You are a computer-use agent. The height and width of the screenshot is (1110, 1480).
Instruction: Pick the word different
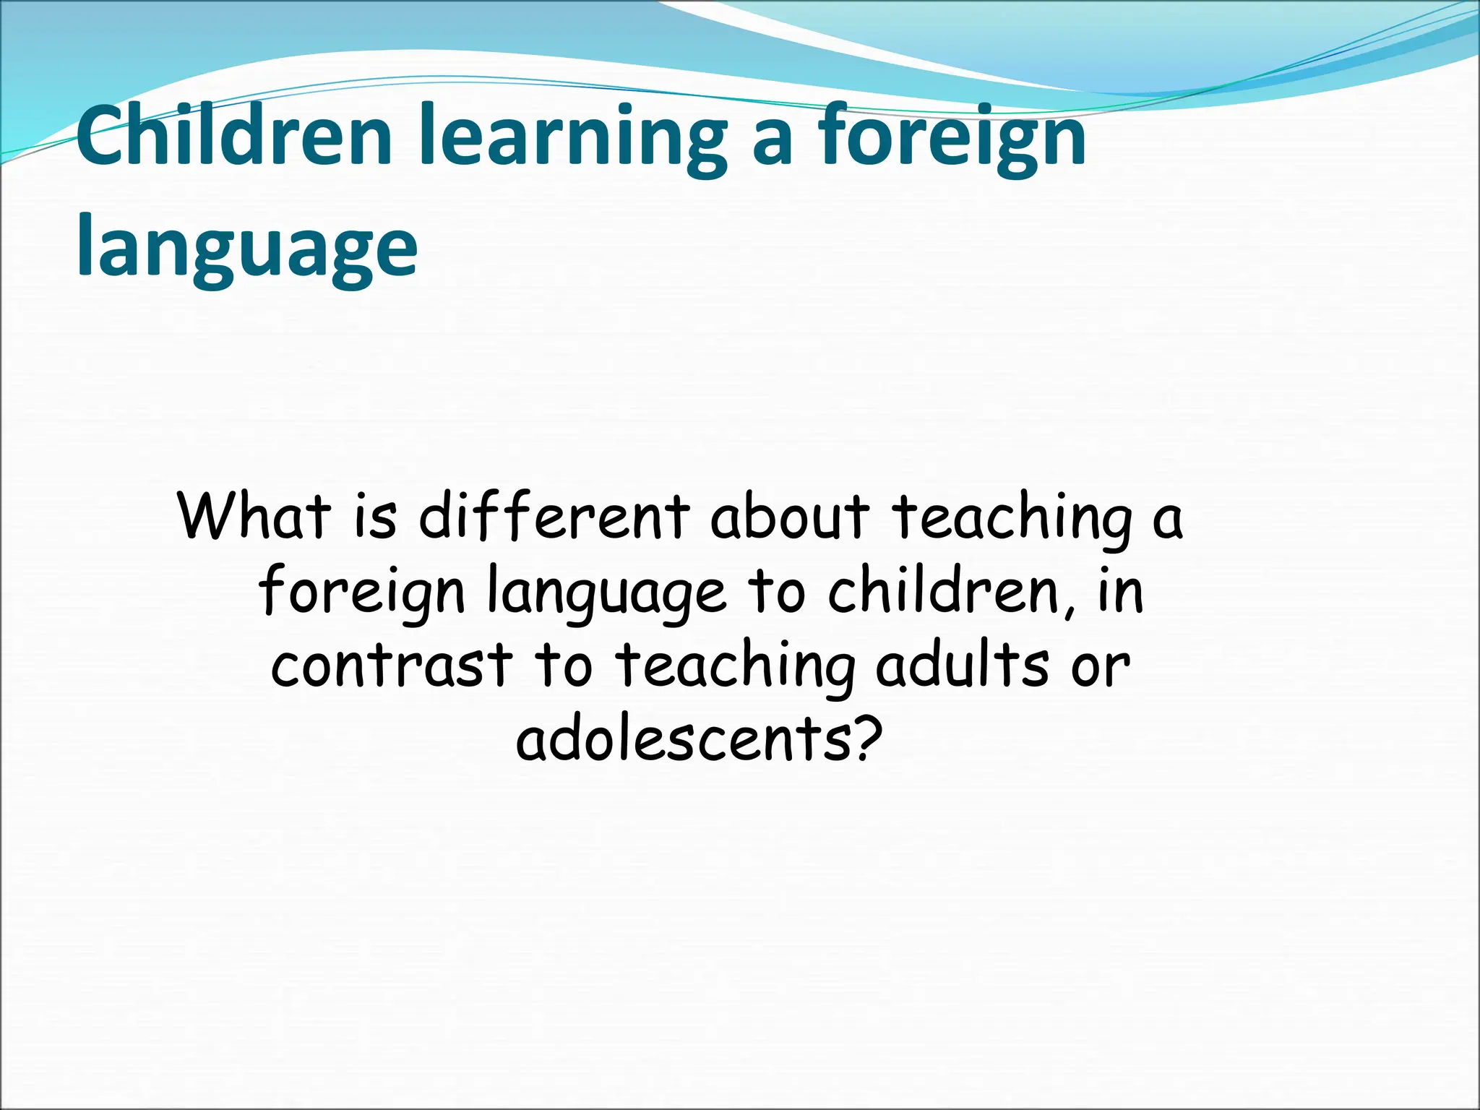[x=554, y=516]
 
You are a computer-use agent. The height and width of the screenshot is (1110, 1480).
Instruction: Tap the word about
[x=790, y=516]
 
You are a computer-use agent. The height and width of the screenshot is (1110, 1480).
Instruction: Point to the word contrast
[x=392, y=665]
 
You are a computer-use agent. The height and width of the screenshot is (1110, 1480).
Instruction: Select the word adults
[x=962, y=665]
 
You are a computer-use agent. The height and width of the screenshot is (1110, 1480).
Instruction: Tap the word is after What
[x=376, y=516]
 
